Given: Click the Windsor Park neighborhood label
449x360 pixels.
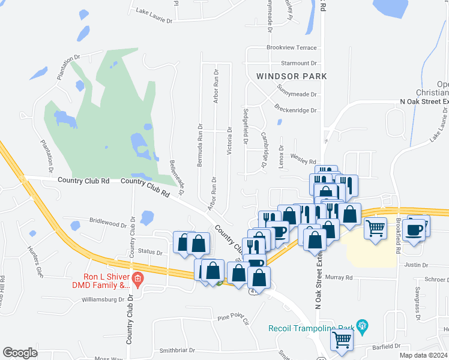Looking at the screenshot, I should click(291, 76).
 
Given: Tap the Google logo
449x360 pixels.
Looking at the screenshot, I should click(20, 353).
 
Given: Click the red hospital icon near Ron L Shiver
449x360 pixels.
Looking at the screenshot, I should click(137, 279).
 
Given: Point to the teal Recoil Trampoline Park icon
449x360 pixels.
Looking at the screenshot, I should click(361, 326).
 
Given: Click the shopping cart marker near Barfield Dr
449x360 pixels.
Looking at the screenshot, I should click(342, 339).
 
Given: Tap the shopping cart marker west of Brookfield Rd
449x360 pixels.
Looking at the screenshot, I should click(375, 227).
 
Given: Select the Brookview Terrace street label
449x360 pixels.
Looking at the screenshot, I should click(292, 47).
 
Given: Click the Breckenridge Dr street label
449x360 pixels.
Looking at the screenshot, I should click(295, 110).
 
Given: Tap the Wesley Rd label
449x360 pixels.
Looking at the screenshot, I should click(305, 161).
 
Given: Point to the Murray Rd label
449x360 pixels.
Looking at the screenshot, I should click(340, 277).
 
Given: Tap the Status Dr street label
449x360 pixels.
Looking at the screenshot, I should click(150, 252).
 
